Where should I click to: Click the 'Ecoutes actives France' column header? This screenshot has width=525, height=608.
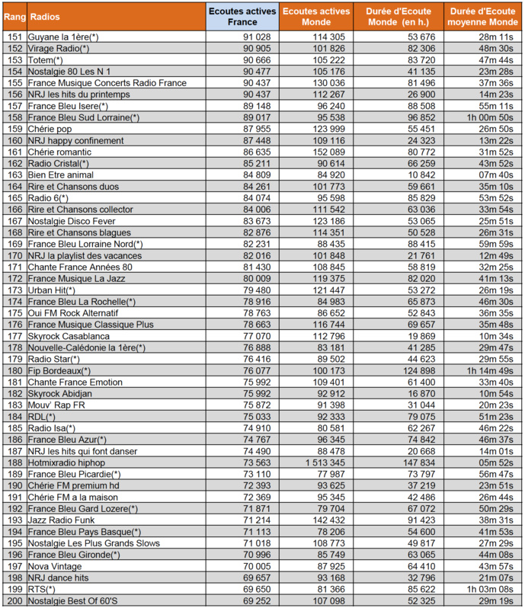(x=242, y=16)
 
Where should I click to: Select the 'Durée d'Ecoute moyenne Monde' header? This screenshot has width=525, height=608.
(x=481, y=16)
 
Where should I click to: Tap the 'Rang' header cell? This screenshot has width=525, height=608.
(x=13, y=16)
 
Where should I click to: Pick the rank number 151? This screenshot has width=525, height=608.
(x=13, y=37)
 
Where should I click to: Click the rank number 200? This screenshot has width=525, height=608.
(x=13, y=600)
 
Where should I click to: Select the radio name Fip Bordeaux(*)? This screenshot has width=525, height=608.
(x=59, y=370)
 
